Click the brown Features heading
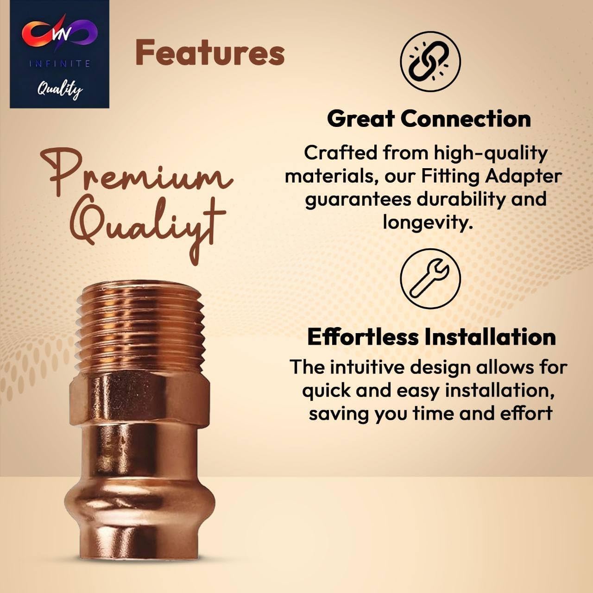click(x=210, y=53)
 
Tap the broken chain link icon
click(x=430, y=62)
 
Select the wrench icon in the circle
click(x=430, y=279)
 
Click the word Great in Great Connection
click(x=360, y=119)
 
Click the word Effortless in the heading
click(x=363, y=337)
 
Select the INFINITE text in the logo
click(x=60, y=64)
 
